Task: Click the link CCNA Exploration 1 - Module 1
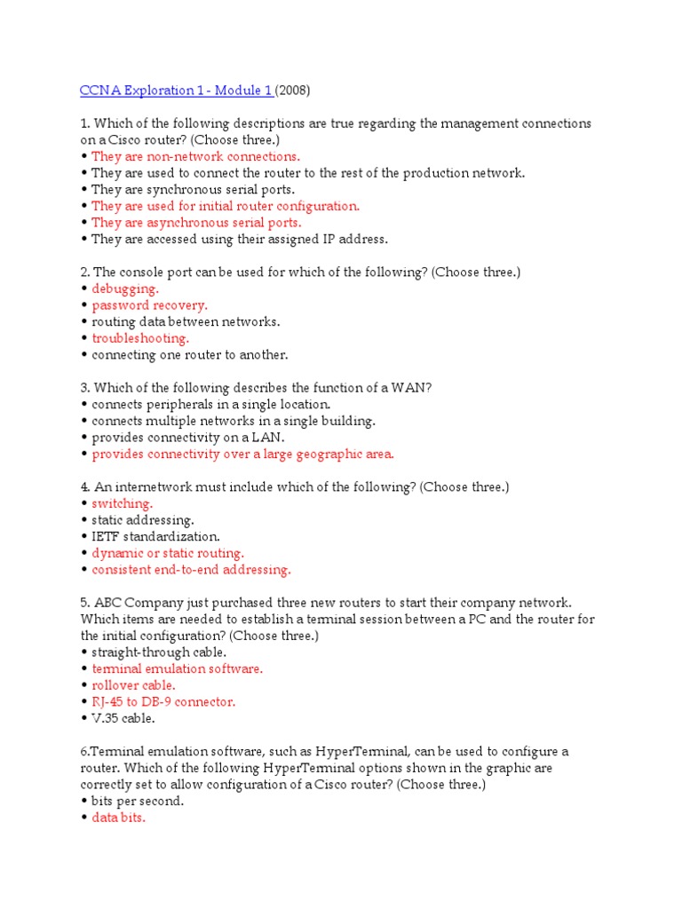[176, 91]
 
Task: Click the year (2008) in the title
[294, 91]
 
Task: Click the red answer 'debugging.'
[125, 289]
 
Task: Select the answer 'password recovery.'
[150, 305]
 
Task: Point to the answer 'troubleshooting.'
[140, 338]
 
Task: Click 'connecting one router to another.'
[190, 355]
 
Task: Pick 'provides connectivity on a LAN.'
[188, 438]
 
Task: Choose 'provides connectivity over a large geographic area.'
[242, 454]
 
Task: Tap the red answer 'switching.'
[123, 503]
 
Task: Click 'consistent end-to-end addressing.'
[191, 570]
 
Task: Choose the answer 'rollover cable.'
[134, 685]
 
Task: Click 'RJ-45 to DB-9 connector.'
[163, 702]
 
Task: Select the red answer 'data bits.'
[119, 818]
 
